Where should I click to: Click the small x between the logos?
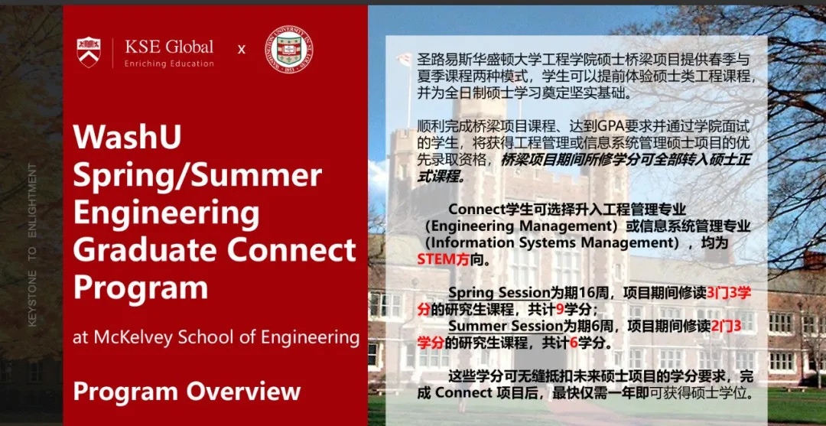pyautogui.click(x=242, y=50)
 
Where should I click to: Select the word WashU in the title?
pyautogui.click(x=128, y=138)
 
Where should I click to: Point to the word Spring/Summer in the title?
pyautogui.click(x=197, y=175)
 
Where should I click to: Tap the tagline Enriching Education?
pyautogui.click(x=169, y=63)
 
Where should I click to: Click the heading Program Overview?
pyautogui.click(x=187, y=391)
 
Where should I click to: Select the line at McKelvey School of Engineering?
pyautogui.click(x=216, y=337)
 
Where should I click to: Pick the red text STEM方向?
pyautogui.click(x=444, y=259)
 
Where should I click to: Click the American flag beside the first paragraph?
pyautogui.click(x=403, y=59)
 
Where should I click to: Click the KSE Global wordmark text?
pyautogui.click(x=169, y=47)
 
